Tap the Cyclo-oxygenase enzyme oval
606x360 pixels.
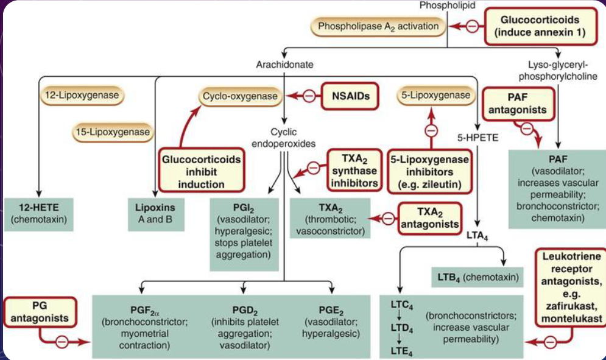[x=241, y=96]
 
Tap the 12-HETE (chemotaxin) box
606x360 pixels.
[x=39, y=213]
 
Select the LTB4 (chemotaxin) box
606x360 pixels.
[x=477, y=278]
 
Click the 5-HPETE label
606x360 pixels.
[x=477, y=137]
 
